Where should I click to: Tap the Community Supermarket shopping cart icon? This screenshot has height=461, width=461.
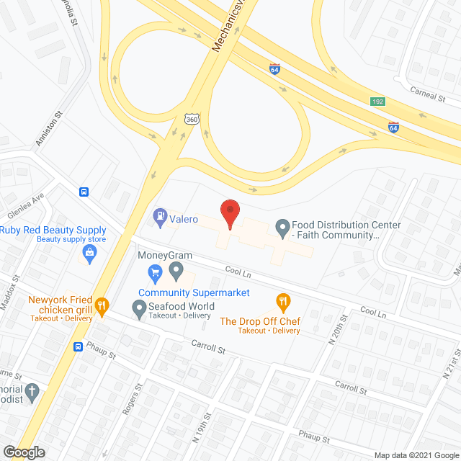click(154, 272)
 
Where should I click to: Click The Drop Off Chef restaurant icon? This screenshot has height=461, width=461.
click(283, 301)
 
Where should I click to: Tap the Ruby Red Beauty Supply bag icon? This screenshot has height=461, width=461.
click(89, 252)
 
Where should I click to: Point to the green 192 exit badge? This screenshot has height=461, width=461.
click(377, 102)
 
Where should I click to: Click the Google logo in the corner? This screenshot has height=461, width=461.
click(23, 452)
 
